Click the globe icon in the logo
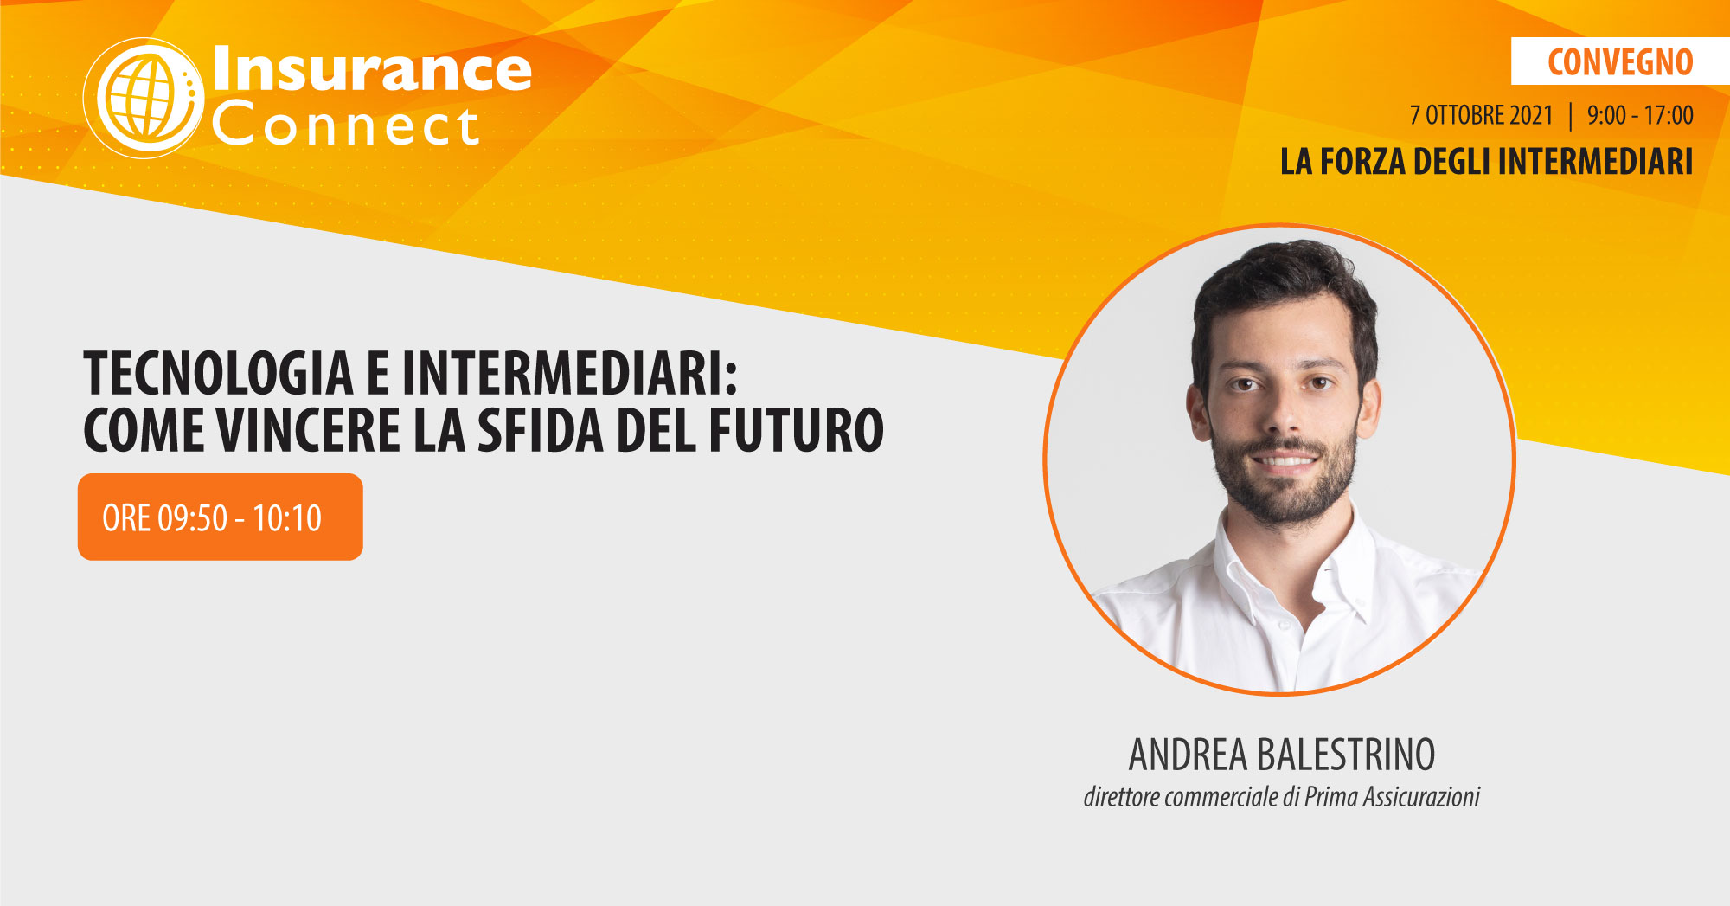(x=144, y=98)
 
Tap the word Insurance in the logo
(x=372, y=68)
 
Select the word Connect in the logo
(x=345, y=125)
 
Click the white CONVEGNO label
(x=1620, y=61)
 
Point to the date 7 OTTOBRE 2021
(x=1482, y=115)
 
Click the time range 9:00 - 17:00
(x=1640, y=115)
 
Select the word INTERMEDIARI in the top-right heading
(x=1596, y=162)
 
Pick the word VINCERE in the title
(x=309, y=430)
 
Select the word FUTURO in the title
(x=797, y=430)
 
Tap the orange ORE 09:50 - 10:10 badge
(x=221, y=517)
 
